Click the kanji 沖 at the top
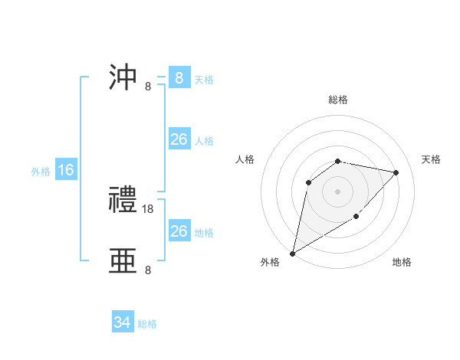coord(123,79)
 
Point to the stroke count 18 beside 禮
coord(148,208)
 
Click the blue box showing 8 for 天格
coord(179,78)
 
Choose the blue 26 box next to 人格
coord(179,139)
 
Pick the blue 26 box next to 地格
coord(179,231)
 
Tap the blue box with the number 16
coord(66,170)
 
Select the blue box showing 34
coord(123,322)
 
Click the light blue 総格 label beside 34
coord(147,324)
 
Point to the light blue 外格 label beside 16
coord(41,172)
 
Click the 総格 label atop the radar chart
coord(338,100)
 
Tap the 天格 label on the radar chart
coord(431,159)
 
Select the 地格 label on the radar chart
coord(402,262)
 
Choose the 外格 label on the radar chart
coord(270,262)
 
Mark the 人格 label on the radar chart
coord(245,159)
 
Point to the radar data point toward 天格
coord(396,172)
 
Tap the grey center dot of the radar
coord(338,191)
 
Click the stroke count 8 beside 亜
coord(148,270)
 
